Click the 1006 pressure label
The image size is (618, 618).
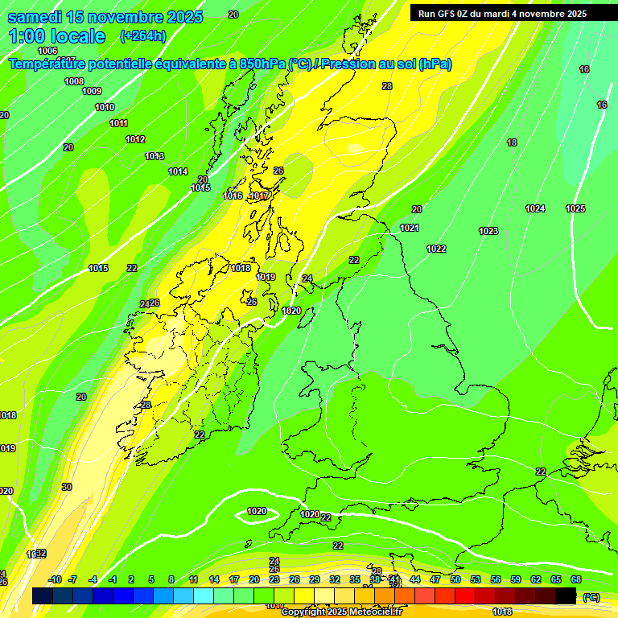point(47,51)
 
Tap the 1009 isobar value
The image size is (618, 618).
point(92,91)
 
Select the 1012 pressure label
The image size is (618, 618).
point(135,139)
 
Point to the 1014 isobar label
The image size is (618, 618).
point(178,171)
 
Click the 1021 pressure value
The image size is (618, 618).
point(410,228)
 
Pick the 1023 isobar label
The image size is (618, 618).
point(488,231)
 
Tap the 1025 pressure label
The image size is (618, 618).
point(575,208)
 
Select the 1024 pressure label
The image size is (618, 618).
point(535,208)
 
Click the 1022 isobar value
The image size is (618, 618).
point(436,249)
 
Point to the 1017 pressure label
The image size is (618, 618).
point(259,196)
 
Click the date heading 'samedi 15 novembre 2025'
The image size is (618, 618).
point(105,17)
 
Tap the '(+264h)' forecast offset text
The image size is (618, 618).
point(143,35)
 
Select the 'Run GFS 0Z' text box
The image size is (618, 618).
point(502,14)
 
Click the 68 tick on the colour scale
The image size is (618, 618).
point(576,579)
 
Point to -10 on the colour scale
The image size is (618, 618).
point(55,579)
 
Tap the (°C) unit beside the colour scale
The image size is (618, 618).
point(591,597)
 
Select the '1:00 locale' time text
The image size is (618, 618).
point(56,36)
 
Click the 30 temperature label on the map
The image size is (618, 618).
point(67,487)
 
